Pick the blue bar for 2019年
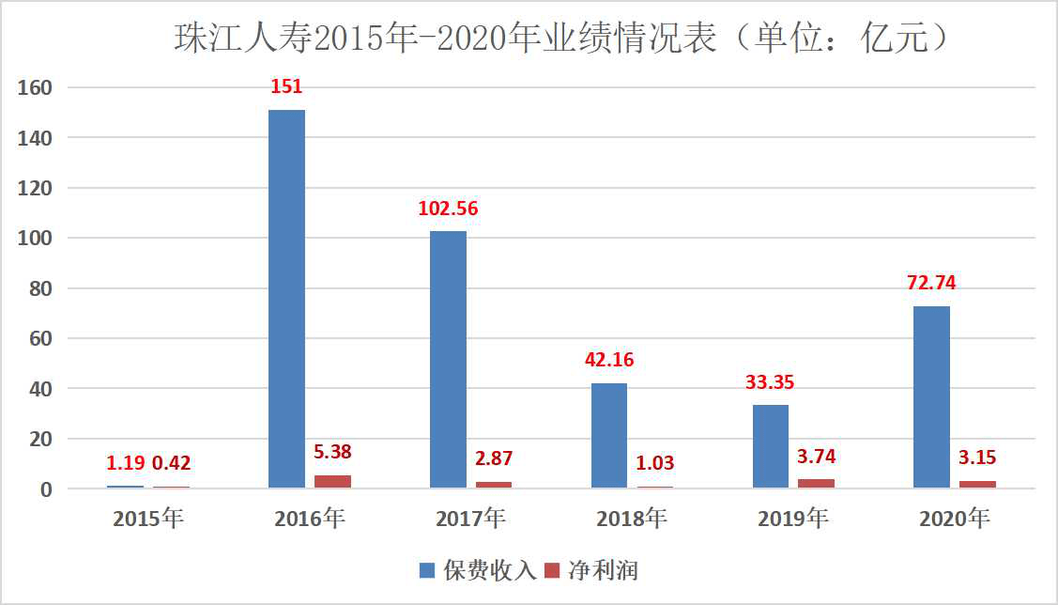(x=771, y=446)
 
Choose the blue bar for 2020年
(x=931, y=396)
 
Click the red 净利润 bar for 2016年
(x=332, y=481)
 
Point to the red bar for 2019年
(x=816, y=483)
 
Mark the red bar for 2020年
(x=977, y=484)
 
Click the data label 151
(x=286, y=87)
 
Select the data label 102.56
(x=448, y=209)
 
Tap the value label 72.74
(x=931, y=284)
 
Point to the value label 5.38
(x=332, y=452)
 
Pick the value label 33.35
(x=771, y=383)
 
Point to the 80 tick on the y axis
(x=42, y=288)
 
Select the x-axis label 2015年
(x=148, y=518)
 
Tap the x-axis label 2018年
(x=632, y=518)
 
